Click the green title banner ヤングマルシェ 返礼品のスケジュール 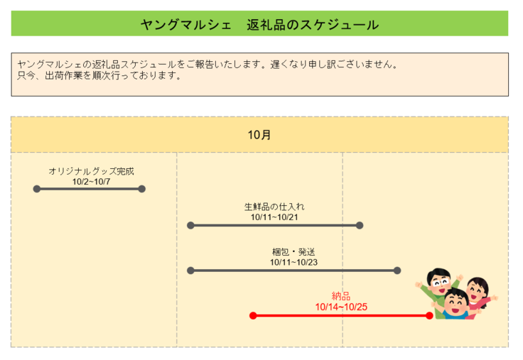point(259,24)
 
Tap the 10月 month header point(259,134)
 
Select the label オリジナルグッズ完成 point(91,171)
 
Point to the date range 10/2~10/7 point(90,181)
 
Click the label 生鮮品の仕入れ point(274,207)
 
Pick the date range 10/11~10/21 point(274,217)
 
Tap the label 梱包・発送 point(293,252)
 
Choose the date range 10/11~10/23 point(293,262)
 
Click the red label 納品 point(341,296)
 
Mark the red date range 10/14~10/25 point(341,307)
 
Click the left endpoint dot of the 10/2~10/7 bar point(37,189)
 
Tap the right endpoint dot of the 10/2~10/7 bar point(141,189)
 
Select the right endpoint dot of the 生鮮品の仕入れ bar point(360,225)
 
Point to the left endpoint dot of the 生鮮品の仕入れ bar point(190,225)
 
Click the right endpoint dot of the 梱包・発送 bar point(397,271)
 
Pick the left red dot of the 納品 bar point(253,316)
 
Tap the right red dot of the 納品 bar point(429,316)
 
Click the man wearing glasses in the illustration point(441,284)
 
